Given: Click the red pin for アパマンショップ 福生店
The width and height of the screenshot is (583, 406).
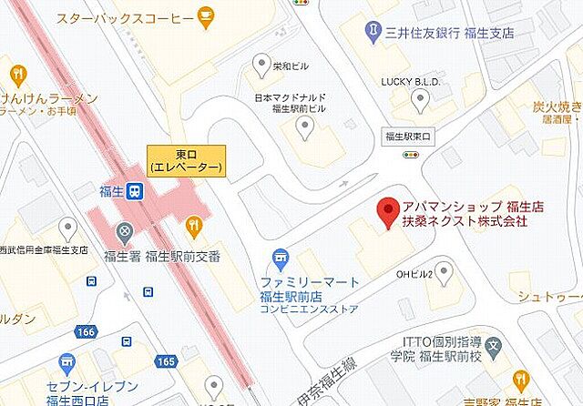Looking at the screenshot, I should tap(387, 211).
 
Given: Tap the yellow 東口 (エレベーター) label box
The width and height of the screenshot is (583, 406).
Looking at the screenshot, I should tap(185, 160).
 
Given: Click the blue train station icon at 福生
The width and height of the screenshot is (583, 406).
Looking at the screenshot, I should tap(134, 191).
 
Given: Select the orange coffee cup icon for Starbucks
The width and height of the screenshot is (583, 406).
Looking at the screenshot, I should tap(207, 16).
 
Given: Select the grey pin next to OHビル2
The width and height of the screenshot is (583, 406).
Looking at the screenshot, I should tap(443, 271).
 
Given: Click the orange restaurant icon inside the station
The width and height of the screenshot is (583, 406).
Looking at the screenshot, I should tap(194, 223).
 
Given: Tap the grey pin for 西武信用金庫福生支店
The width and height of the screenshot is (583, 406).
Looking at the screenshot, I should tap(67, 227).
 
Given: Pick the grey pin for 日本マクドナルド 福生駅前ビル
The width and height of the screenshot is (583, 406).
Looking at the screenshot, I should tap(306, 132).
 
